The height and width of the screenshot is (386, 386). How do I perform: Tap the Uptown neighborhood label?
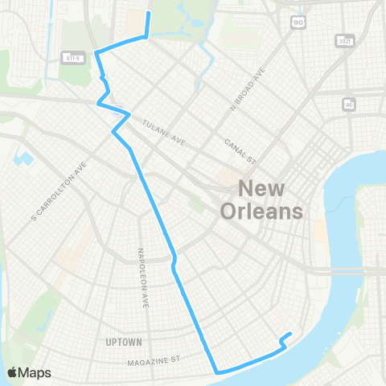click(123, 342)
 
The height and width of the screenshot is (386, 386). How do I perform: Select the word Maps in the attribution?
click(35, 372)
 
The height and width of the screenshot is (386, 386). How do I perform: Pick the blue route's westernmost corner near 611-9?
click(96, 52)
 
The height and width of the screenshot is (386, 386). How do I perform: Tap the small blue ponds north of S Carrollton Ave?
click(24, 158)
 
